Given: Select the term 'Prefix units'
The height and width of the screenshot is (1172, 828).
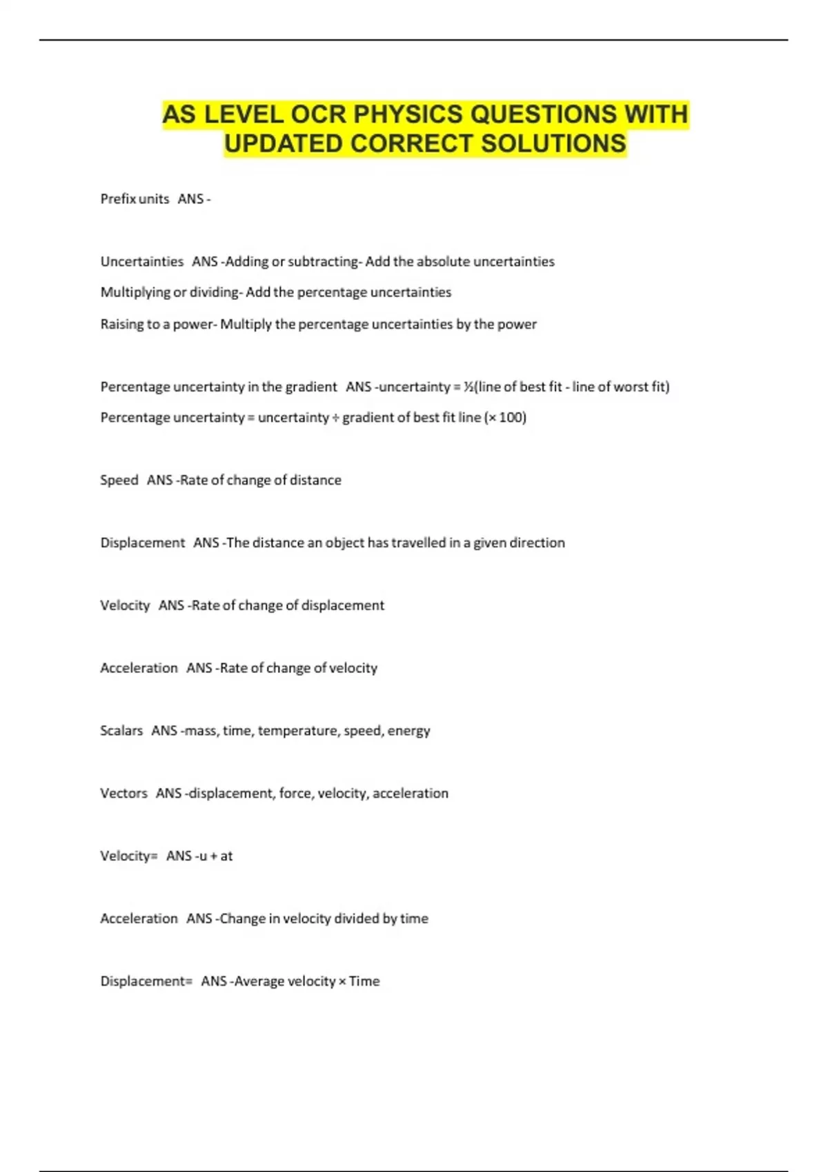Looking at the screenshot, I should click(x=135, y=199).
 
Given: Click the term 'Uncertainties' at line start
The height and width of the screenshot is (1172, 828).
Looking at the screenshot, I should click(x=142, y=262).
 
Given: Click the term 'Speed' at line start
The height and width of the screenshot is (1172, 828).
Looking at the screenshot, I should click(x=119, y=480).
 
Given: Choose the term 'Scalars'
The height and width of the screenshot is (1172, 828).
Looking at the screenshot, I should click(x=121, y=731).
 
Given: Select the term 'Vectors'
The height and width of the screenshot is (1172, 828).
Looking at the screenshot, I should click(x=124, y=794).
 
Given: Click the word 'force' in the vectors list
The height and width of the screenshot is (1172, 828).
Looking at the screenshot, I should click(x=295, y=794).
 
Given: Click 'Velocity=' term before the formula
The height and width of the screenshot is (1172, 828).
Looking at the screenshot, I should click(x=128, y=856).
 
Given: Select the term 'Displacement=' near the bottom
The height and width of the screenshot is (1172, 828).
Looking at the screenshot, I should click(x=146, y=982).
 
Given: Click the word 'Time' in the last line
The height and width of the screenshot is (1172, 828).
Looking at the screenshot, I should click(x=364, y=982).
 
